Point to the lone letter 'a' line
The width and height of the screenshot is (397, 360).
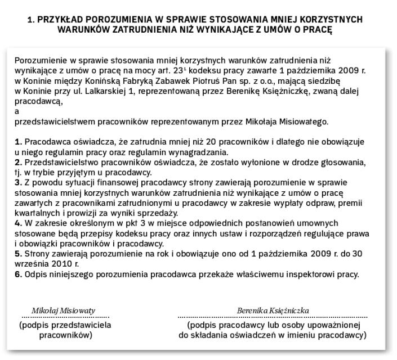click(x=17, y=111)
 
